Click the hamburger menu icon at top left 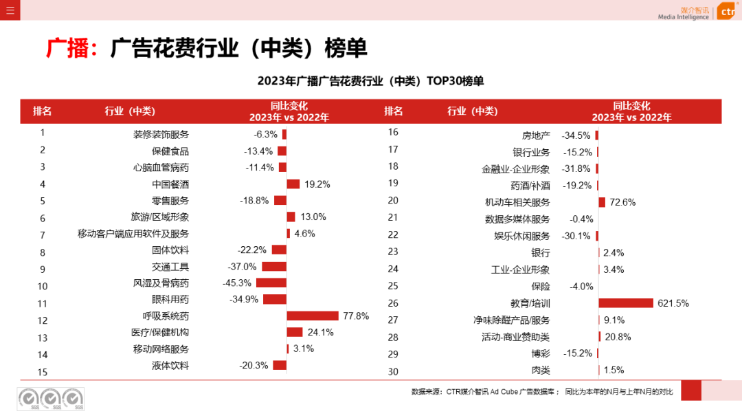tap(10, 10)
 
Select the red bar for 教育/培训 tap(625, 303)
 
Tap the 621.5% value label tap(673, 303)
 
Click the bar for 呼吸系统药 tap(313, 316)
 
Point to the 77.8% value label tap(356, 316)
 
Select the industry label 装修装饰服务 tap(161, 134)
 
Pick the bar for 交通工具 tap(273, 267)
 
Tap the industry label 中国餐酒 tap(170, 184)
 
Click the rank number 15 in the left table tap(43, 372)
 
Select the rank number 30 tap(393, 372)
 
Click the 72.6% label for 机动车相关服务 tap(622, 202)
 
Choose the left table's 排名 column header tap(43, 111)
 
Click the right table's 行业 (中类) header tap(472, 111)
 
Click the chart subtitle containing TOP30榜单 tap(370, 81)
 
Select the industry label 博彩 tap(541, 353)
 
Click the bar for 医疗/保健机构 tap(294, 332)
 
